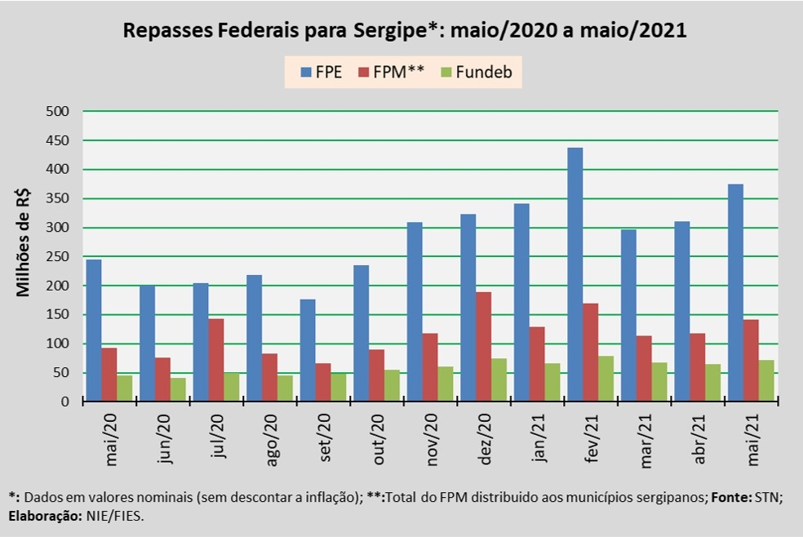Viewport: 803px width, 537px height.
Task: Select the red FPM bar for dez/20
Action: pos(484,346)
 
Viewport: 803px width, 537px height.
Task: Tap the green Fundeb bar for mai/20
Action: pos(125,388)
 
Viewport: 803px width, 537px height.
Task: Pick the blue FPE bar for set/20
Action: pos(308,350)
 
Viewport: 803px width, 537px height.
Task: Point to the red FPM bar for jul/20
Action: pos(216,360)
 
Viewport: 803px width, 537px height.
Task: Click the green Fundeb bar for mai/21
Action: pos(765,380)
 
